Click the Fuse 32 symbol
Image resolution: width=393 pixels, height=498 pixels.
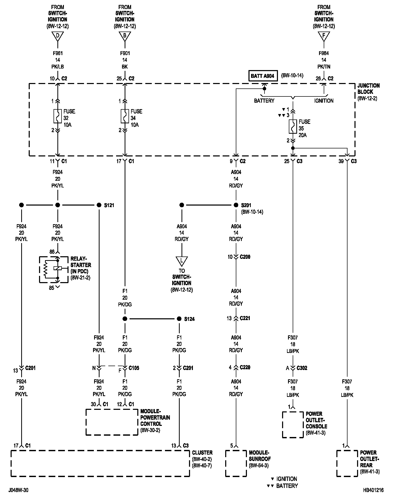[x=57, y=116]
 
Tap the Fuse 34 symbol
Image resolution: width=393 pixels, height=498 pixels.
[x=125, y=116]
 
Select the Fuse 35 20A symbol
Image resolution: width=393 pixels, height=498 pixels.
[x=293, y=126]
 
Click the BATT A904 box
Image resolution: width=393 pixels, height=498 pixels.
[x=263, y=76]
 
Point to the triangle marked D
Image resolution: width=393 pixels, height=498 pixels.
[x=57, y=36]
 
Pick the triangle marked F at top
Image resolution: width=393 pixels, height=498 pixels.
[x=324, y=36]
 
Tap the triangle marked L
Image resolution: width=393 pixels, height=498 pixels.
[x=182, y=261]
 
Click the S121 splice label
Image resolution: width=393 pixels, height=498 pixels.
[x=109, y=205]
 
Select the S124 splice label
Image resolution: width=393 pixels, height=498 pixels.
[x=189, y=319]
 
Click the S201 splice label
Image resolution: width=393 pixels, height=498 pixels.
[x=246, y=205]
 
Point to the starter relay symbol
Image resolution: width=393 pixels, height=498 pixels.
[x=54, y=269]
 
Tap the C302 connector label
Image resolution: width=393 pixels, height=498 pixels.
[x=302, y=368]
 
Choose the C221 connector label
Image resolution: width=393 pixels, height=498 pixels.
[x=245, y=318]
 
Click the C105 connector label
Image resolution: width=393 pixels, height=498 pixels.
[x=134, y=368]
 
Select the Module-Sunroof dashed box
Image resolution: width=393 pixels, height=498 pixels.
[x=236, y=463]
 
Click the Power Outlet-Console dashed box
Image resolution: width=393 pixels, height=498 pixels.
[x=293, y=425]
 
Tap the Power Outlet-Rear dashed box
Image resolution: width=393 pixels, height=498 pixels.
[x=347, y=463]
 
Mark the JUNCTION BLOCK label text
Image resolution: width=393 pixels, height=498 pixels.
[x=368, y=89]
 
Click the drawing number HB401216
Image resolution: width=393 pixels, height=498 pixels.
[x=373, y=490]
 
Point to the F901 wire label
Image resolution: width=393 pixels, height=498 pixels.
[x=125, y=53]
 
